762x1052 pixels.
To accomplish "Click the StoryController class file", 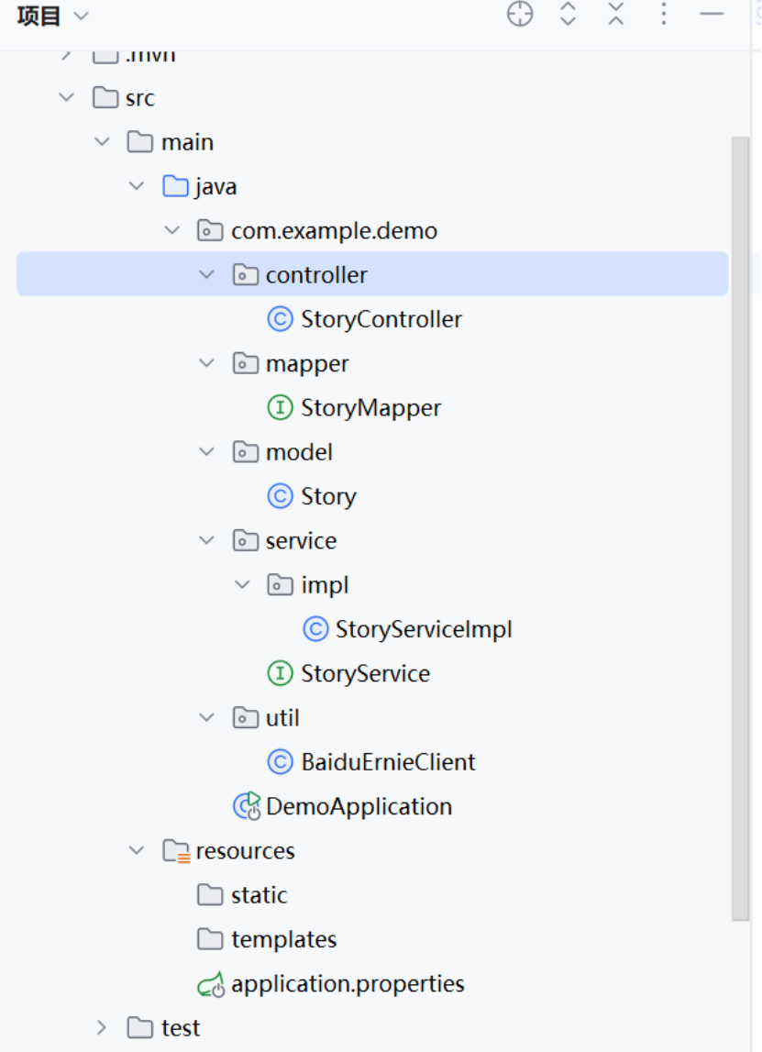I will (x=381, y=319).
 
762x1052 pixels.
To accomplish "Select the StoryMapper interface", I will (x=370, y=408).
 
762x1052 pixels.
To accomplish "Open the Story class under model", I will (x=327, y=496).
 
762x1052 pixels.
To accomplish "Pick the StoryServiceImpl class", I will (x=423, y=629).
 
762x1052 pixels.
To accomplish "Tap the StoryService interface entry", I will (x=365, y=673).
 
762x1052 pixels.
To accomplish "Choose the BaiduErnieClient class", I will (x=388, y=762).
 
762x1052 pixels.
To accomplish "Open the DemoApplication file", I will (x=359, y=806).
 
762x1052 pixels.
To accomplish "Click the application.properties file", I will (x=348, y=984).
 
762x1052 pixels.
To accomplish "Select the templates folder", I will (x=283, y=939).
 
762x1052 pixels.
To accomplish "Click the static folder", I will (x=259, y=895).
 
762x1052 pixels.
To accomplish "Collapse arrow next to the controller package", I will (x=207, y=275).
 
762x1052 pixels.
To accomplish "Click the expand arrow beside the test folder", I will (x=102, y=1027).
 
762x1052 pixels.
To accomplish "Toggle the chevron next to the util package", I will (x=207, y=717).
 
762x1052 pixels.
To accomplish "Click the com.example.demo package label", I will (x=334, y=231).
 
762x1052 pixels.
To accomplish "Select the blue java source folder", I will (x=215, y=187).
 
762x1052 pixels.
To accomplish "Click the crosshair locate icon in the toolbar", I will (x=520, y=15).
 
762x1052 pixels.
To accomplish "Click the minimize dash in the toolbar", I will (x=712, y=15).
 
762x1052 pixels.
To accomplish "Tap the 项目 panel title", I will (x=39, y=16).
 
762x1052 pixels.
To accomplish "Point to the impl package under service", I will (x=325, y=585).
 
